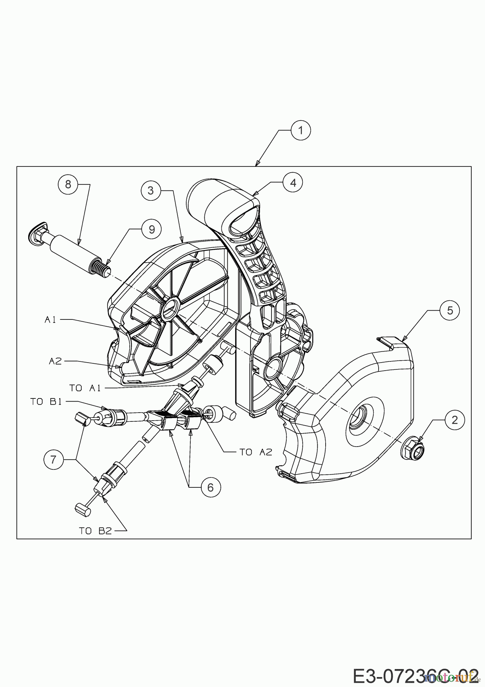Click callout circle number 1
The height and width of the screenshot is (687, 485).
[300, 131]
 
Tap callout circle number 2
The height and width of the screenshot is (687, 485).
[454, 420]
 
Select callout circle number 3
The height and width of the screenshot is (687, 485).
[151, 190]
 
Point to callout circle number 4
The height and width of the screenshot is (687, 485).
[292, 182]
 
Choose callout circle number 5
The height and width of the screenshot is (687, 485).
[450, 310]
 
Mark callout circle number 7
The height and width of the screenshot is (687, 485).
[53, 459]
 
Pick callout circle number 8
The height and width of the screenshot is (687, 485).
[68, 184]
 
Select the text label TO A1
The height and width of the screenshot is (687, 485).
[85, 388]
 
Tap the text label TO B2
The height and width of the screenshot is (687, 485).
[95, 531]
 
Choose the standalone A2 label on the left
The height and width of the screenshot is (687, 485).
[55, 361]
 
